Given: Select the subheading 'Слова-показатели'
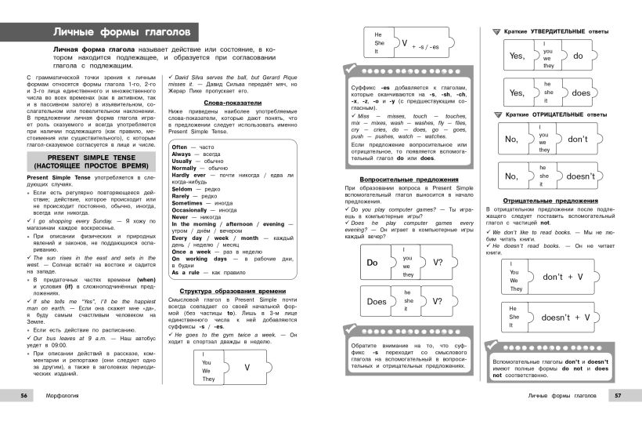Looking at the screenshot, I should tap(233, 103).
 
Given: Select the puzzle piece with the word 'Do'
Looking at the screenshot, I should tap(373, 263).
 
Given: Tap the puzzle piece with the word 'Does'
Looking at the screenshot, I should tap(377, 301).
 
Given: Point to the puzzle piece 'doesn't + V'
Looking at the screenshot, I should tap(566, 318).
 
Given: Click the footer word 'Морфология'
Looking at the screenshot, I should tap(66, 395).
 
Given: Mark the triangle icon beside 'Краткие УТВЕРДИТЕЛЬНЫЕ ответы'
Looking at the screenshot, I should tap(496, 31).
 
